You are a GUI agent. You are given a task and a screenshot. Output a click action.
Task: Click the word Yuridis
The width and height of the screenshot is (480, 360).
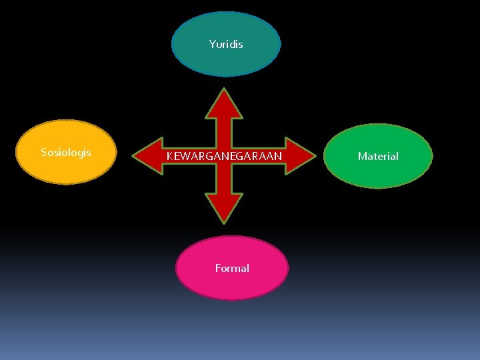coord(226,45)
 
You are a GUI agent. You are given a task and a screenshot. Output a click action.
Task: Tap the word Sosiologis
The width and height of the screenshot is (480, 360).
coord(66,152)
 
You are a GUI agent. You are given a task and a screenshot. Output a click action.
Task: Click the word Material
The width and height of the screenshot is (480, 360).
coord(378,157)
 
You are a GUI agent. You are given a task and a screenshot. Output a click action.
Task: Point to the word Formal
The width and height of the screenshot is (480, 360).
coord(232,268)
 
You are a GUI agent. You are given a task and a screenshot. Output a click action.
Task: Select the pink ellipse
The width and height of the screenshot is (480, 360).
coord(232,284)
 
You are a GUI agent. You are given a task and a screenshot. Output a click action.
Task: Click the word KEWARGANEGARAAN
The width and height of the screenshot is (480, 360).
coord(224,157)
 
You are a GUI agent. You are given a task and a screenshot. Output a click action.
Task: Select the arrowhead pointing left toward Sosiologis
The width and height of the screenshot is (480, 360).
coord(148,156)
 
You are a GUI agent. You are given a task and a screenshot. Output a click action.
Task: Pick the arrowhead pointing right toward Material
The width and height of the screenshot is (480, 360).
coord(299,156)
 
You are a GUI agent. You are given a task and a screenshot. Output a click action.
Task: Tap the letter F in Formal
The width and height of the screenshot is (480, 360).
coord(218,268)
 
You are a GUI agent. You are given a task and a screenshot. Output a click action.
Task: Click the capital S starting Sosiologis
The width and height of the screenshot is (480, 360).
coord(44,152)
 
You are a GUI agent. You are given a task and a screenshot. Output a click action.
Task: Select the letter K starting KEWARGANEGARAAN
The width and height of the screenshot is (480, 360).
coord(169,157)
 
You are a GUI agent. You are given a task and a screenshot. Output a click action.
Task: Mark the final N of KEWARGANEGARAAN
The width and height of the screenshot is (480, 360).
coord(278,157)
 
